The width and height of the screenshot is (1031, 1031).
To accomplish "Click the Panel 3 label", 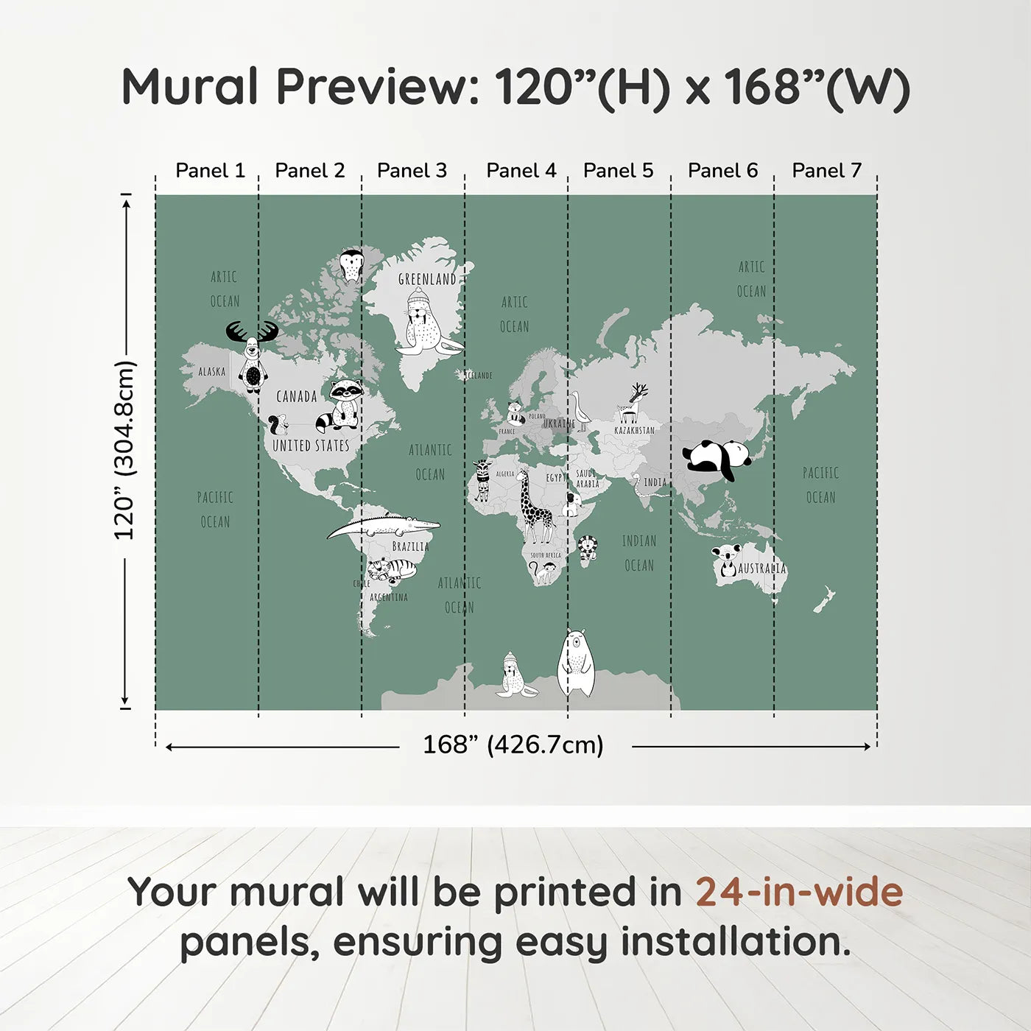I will tap(412, 171).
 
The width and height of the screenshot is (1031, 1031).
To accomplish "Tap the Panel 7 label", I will tap(826, 171).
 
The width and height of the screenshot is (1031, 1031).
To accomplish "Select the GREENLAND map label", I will tap(427, 279).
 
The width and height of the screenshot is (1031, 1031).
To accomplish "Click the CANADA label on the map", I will tap(296, 397).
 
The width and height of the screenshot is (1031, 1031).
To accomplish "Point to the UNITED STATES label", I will tap(311, 446).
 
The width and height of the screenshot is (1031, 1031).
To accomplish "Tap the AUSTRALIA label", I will tap(761, 569).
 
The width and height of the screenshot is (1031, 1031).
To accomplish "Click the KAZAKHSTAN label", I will tap(634, 430).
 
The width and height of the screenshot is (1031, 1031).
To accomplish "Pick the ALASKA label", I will tap(212, 372).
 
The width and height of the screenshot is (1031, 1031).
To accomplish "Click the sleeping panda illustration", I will tap(717, 458).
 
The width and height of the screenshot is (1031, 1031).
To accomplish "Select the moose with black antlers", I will tap(252, 354).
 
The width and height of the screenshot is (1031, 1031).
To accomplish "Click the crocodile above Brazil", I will tap(383, 527).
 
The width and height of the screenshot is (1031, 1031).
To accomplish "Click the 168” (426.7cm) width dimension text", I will tap(513, 745).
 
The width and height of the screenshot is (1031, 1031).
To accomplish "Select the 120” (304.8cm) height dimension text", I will tap(124, 450).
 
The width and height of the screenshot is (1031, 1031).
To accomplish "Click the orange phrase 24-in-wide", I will tap(799, 893).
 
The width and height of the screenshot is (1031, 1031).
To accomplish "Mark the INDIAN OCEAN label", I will tap(638, 553).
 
